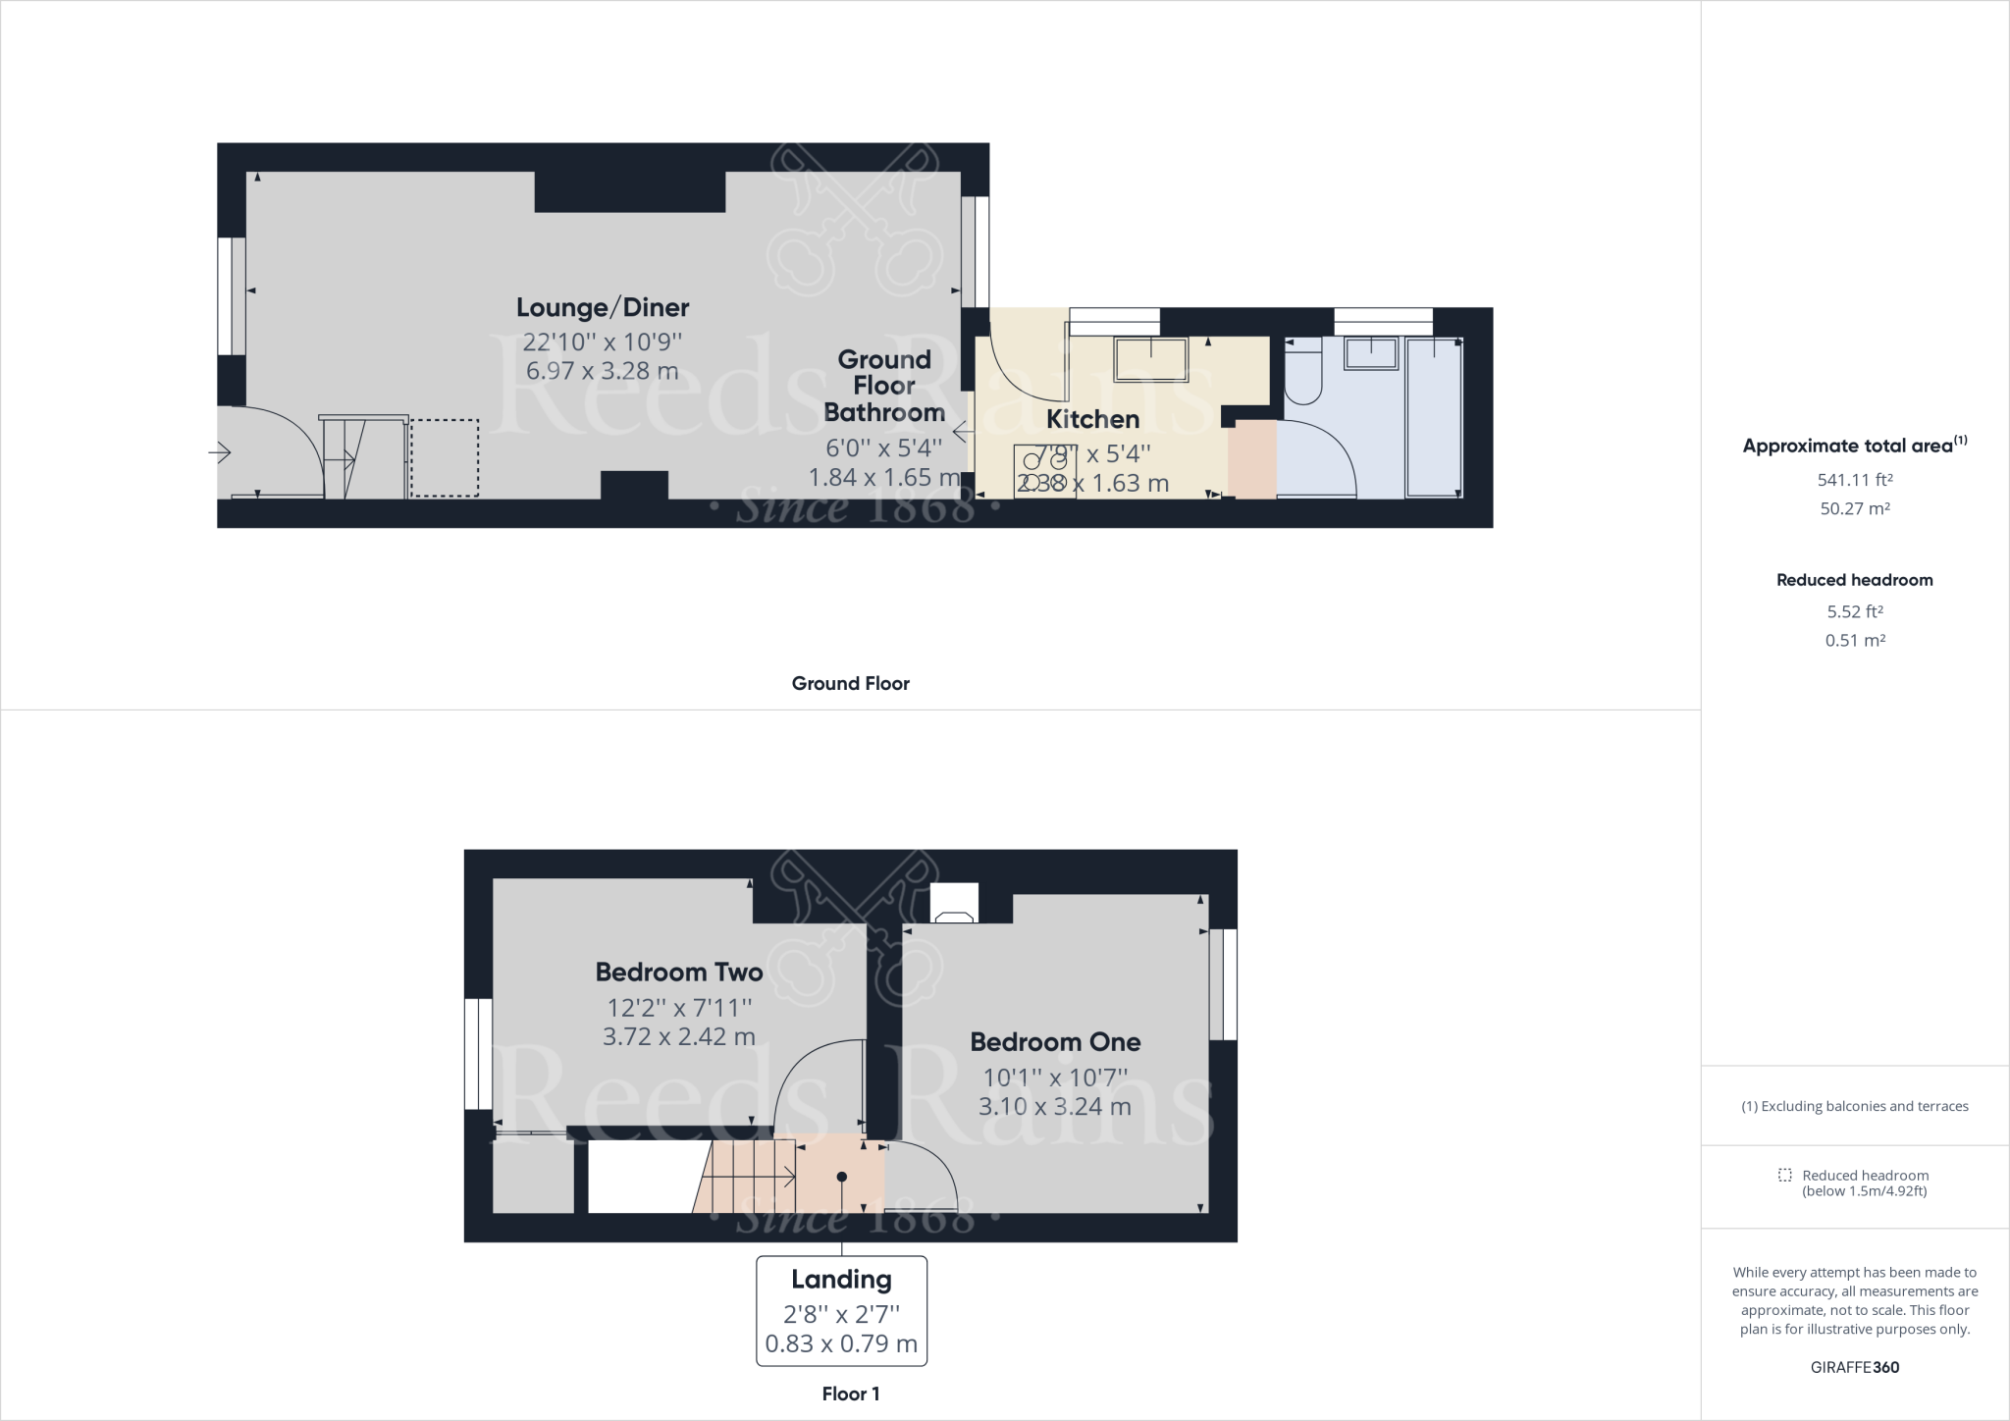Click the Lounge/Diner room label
tap(603, 307)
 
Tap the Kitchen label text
tap(1092, 419)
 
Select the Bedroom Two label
tap(678, 973)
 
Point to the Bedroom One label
tap(1055, 1042)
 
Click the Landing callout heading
tap(841, 1280)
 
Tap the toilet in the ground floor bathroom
tap(1303, 374)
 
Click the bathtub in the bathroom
tap(1434, 417)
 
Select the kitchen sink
tap(1150, 359)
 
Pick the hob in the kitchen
tap(1044, 472)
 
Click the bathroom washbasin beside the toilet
tap(1371, 353)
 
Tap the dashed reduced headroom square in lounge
tap(445, 457)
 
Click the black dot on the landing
tap(841, 1177)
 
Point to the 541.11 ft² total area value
tap(1854, 480)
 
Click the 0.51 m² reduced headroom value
tap(1855, 640)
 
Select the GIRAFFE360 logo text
tap(1855, 1367)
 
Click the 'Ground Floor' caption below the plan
tap(850, 684)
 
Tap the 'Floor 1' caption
tap(850, 1394)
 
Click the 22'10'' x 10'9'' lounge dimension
tap(602, 342)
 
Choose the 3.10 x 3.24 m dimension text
tap(1054, 1107)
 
